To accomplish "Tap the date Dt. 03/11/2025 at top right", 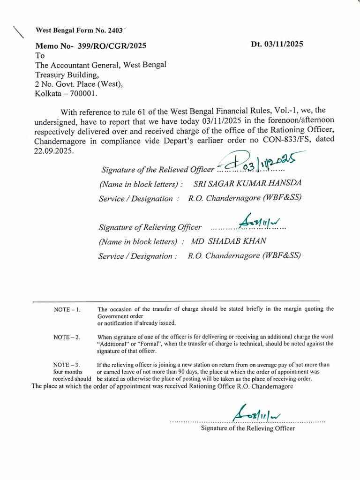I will pyautogui.click(x=277, y=44).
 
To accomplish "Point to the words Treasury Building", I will pyautogui.click(x=67, y=75).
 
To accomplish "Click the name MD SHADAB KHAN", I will pyautogui.click(x=229, y=241).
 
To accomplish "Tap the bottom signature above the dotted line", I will pyautogui.click(x=256, y=412).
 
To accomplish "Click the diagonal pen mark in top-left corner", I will pyautogui.click(x=19, y=32).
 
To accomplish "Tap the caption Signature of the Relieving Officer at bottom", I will pyautogui.click(x=248, y=428).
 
